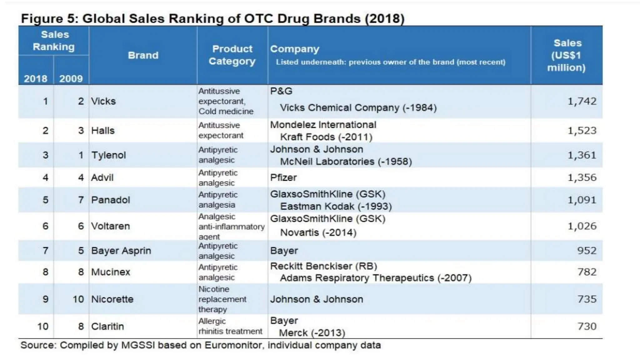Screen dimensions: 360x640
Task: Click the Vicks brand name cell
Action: click(x=103, y=101)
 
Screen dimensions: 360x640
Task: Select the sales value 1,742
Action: click(x=582, y=101)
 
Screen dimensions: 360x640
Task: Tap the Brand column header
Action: click(x=143, y=55)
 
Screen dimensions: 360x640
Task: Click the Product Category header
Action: click(x=232, y=55)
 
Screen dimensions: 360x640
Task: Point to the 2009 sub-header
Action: click(x=71, y=78)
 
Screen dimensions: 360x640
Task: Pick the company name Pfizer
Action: click(x=283, y=177)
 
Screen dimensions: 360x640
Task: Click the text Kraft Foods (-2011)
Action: click(x=326, y=137)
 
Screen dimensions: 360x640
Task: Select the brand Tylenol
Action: click(x=108, y=155)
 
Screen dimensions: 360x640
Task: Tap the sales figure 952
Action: click(x=587, y=250)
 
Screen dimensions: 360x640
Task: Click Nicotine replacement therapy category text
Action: click(x=222, y=299)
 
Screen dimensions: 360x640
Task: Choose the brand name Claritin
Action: click(x=107, y=326)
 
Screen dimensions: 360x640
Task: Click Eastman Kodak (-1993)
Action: click(x=336, y=207)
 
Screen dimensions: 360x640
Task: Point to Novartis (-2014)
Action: click(x=318, y=232)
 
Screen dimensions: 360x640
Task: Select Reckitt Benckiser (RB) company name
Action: click(x=323, y=266)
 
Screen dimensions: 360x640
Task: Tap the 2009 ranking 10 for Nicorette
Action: click(x=78, y=299)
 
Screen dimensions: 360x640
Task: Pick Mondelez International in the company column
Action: click(x=323, y=125)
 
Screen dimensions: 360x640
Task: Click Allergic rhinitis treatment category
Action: click(x=230, y=326)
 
